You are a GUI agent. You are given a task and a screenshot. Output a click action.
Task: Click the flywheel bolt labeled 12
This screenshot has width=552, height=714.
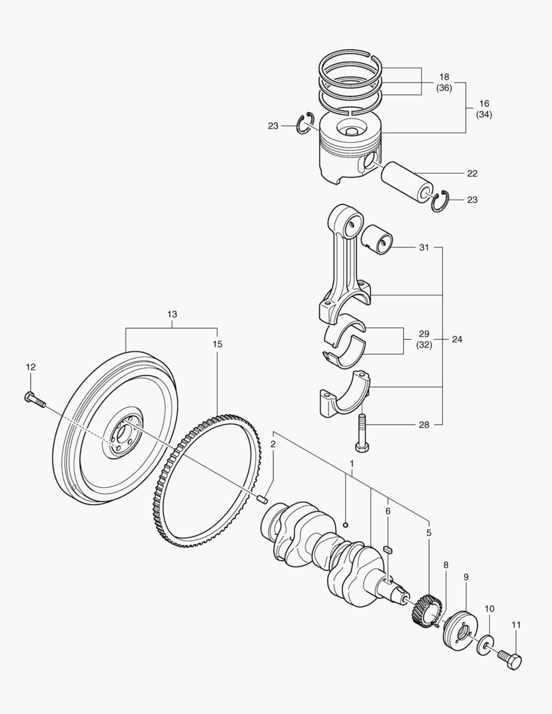pos(34,399)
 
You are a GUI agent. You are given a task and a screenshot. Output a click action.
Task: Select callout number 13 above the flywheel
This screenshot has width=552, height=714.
pos(172,314)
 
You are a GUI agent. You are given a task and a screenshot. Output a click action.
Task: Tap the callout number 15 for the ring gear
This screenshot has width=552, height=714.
pos(217,344)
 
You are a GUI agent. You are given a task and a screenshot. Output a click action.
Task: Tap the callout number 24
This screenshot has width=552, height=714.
pos(457,339)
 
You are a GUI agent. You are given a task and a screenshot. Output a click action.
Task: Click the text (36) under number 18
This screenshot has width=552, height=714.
pos(444,87)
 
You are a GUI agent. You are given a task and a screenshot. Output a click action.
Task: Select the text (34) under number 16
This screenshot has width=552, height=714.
pos(483,114)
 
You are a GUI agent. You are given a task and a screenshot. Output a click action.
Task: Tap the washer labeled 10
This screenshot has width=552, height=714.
pos(486,643)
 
